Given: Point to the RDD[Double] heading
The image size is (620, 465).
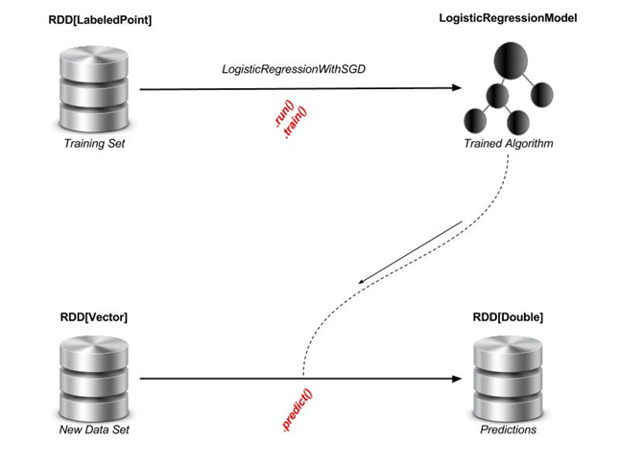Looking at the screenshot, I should pos(508,316).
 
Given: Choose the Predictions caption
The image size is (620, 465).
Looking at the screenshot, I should pos(509,430).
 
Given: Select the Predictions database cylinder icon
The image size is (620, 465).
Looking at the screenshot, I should pos(510,375).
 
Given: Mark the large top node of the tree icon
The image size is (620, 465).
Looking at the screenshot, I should pos(509,62).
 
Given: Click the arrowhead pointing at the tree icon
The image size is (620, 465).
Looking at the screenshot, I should pos(456,89).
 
